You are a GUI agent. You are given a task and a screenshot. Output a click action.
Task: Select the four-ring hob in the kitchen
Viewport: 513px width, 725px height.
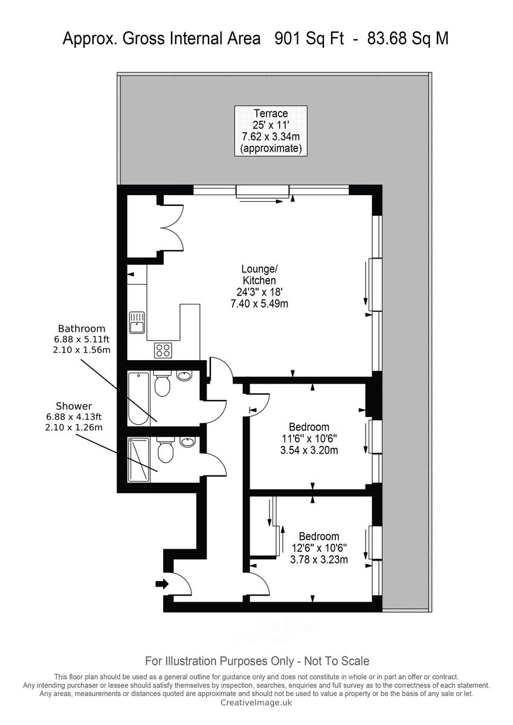[x=164, y=349]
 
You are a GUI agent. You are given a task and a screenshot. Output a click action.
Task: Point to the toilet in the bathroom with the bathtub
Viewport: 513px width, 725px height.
[x=161, y=384]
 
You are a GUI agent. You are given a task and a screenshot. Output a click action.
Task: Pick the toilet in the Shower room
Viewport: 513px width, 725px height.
[x=164, y=450]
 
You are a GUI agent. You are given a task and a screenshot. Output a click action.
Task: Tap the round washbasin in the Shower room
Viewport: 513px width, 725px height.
[x=188, y=442]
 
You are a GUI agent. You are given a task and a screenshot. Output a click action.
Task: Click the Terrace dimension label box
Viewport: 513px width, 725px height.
[x=270, y=130]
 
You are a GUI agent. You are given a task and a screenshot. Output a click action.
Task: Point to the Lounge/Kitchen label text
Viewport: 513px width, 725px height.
[x=259, y=275]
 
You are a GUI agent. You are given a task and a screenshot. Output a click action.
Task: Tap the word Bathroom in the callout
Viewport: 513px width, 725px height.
[x=81, y=329]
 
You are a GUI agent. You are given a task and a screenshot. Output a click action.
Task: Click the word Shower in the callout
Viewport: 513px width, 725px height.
[x=74, y=406]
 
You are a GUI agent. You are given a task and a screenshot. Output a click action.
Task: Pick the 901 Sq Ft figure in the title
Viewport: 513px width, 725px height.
[x=309, y=39]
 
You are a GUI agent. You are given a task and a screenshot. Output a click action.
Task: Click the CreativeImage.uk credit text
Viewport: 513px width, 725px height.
[x=256, y=702]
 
